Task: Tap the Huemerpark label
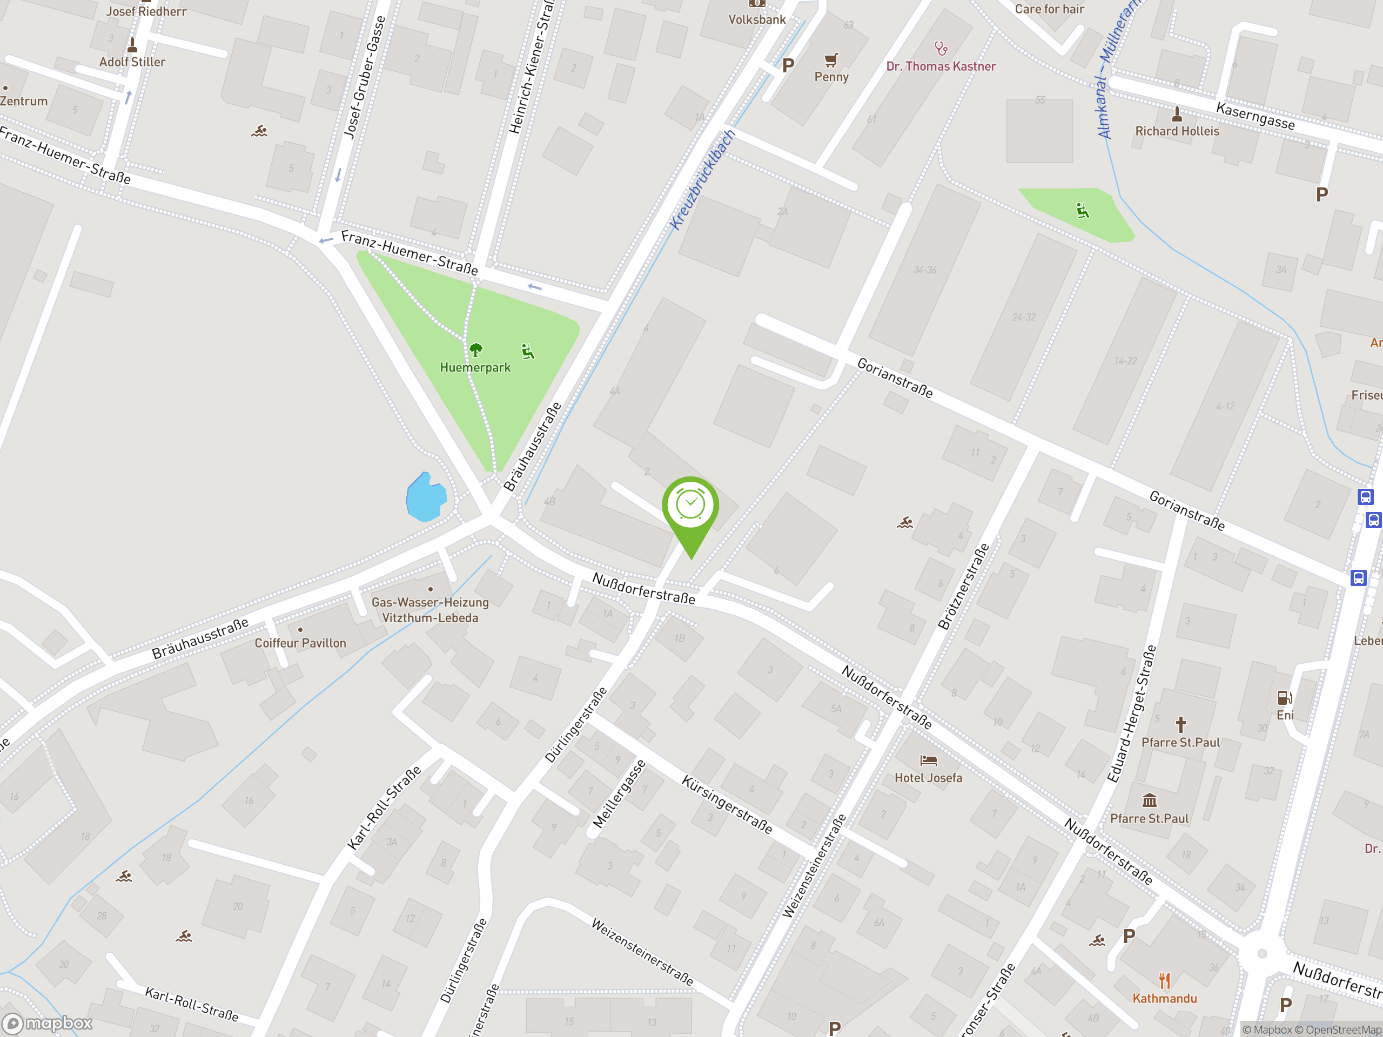tap(475, 368)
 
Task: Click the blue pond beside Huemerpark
tap(426, 497)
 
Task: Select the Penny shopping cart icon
tap(831, 60)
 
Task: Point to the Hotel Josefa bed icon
tap(929, 760)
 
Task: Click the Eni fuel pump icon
tap(1284, 697)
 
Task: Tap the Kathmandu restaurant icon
tap(1164, 980)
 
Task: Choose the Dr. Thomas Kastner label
tap(941, 66)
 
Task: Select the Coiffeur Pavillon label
tap(300, 643)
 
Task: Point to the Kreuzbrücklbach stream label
tap(703, 180)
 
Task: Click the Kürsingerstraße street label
tap(727, 804)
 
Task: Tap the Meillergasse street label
tap(619, 794)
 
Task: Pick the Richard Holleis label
tap(1177, 131)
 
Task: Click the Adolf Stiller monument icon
tap(132, 45)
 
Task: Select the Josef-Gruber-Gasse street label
tap(365, 76)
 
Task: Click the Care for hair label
tap(1049, 9)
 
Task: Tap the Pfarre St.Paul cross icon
tap(1180, 725)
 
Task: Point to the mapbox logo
tap(48, 1023)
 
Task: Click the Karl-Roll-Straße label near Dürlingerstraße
tap(384, 807)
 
